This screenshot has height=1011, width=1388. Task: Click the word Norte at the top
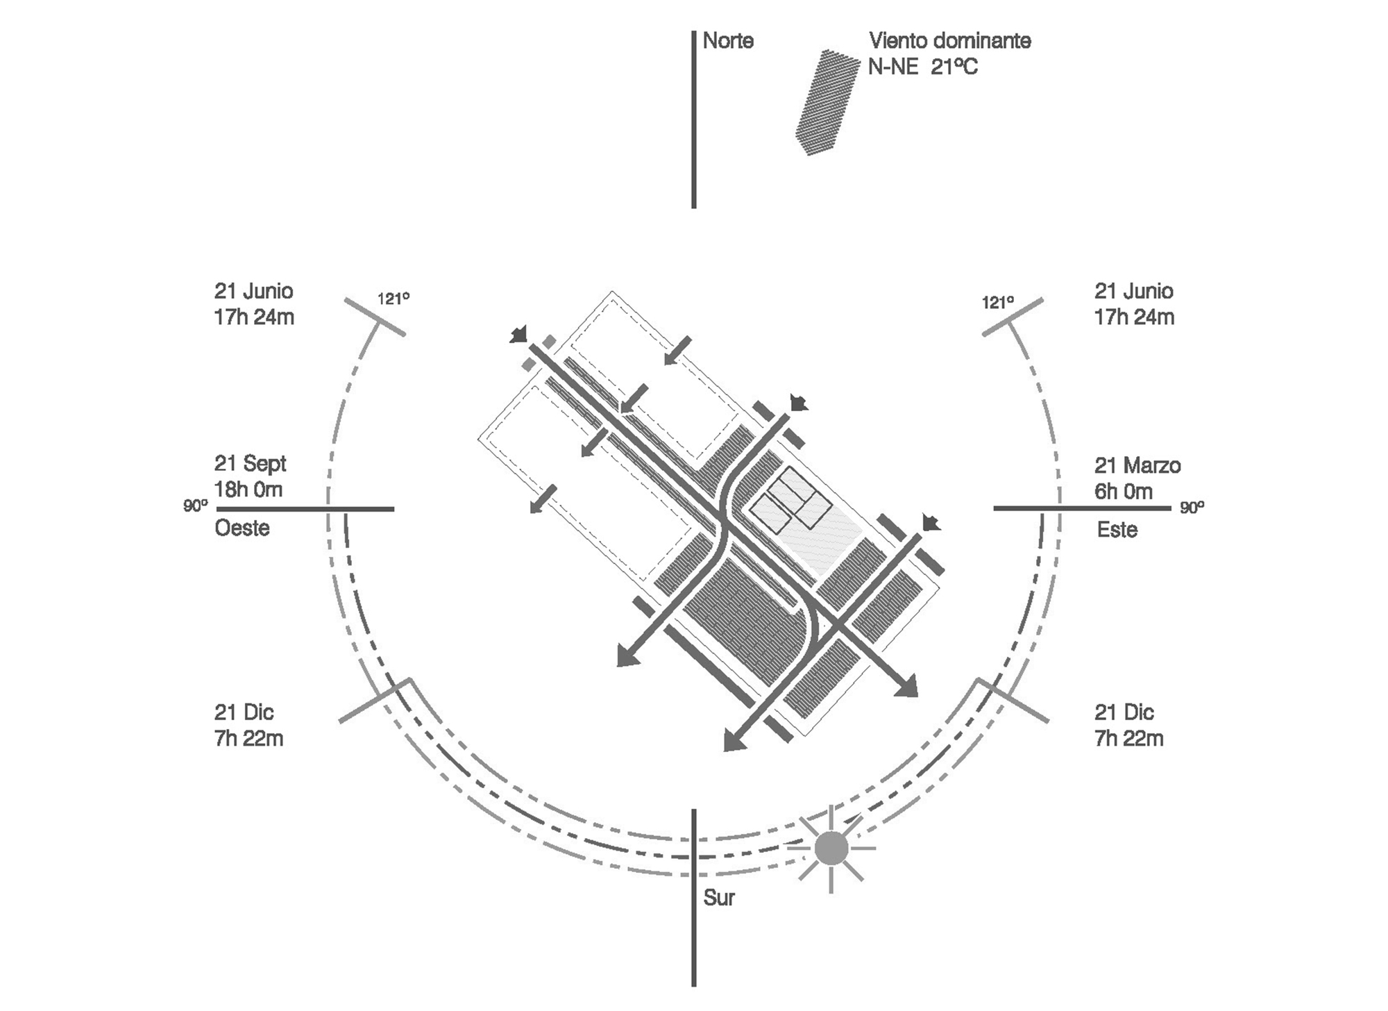pyautogui.click(x=727, y=41)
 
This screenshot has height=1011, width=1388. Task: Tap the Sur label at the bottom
pyautogui.click(x=718, y=898)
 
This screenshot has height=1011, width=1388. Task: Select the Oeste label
pyautogui.click(x=242, y=528)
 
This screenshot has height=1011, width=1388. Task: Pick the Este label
pyautogui.click(x=1117, y=530)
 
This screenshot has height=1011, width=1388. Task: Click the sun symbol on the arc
pyautogui.click(x=831, y=849)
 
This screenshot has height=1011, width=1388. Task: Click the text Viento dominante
pyautogui.click(x=949, y=41)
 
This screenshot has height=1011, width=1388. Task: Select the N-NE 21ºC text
pyautogui.click(x=922, y=67)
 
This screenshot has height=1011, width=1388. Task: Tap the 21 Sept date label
pyautogui.click(x=250, y=463)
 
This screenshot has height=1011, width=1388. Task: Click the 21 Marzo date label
pyautogui.click(x=1137, y=465)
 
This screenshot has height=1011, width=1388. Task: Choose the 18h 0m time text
pyautogui.click(x=248, y=490)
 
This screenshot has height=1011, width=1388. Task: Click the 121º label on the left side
pyautogui.click(x=393, y=299)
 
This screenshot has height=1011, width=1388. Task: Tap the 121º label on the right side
pyautogui.click(x=997, y=302)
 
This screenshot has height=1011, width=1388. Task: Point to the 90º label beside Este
pyautogui.click(x=1192, y=508)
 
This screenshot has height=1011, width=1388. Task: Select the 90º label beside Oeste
pyautogui.click(x=195, y=505)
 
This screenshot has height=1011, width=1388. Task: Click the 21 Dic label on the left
pyautogui.click(x=244, y=712)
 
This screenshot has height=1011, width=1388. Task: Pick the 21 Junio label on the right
pyautogui.click(x=1133, y=291)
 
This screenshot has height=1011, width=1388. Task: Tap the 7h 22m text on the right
pyautogui.click(x=1128, y=739)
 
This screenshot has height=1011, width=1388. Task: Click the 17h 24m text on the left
pyautogui.click(x=254, y=317)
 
